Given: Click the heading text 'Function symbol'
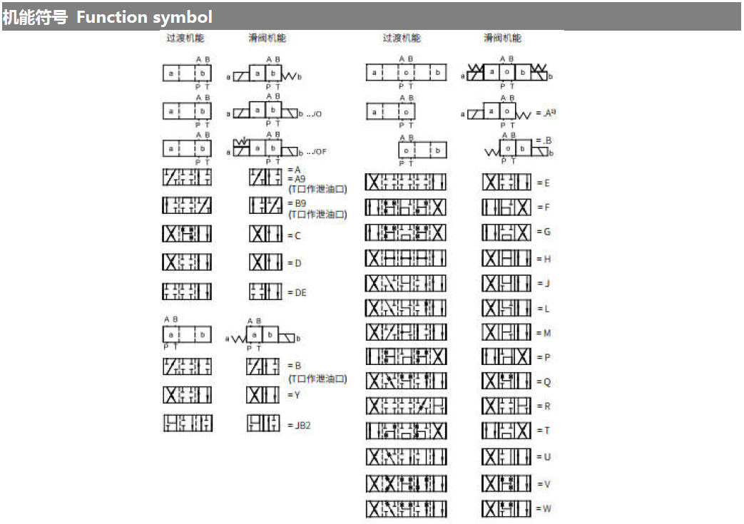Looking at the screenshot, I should [144, 16].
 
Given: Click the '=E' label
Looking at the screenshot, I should [544, 183].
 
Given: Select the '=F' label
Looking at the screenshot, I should [544, 207].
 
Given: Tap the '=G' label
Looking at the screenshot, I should [544, 232].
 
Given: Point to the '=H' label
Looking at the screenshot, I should [544, 260].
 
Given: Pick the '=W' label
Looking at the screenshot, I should [544, 508].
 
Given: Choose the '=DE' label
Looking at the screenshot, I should [297, 292].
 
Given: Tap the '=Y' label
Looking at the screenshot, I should [294, 394].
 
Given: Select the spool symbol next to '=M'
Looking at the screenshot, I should [506, 333].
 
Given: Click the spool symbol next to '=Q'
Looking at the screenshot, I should [506, 381].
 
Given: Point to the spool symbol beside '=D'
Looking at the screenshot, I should [265, 262].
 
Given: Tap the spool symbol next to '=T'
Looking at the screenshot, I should [506, 430].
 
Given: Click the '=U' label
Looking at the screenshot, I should [544, 457].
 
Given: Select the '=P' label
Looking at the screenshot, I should [544, 357].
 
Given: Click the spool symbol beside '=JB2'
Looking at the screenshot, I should [264, 423].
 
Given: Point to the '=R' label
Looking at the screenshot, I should [544, 406].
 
